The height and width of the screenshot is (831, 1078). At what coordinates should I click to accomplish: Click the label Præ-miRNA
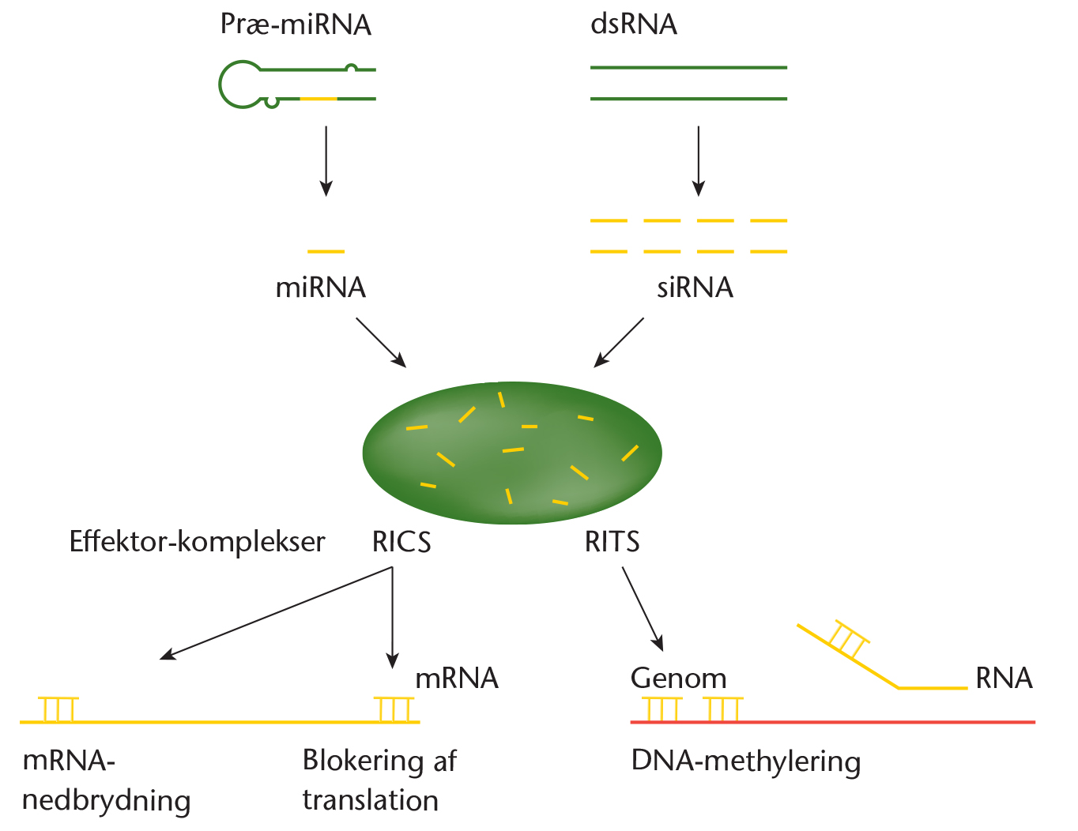[296, 25]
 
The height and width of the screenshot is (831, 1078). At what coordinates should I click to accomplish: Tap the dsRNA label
[634, 25]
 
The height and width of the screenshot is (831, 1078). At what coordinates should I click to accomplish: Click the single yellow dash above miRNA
[326, 251]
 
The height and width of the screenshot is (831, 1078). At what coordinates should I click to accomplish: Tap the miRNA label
[321, 288]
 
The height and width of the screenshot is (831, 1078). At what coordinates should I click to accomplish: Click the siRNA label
[695, 288]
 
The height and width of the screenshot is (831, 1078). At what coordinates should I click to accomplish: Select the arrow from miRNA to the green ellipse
[381, 343]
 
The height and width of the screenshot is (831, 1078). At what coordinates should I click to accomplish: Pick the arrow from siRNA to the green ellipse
[620, 343]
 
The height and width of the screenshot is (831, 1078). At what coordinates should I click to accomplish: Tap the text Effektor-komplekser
[198, 542]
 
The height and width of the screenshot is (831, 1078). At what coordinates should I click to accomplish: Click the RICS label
[401, 542]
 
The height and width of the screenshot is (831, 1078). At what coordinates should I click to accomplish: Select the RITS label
[612, 542]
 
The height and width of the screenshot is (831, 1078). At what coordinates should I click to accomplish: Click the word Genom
[678, 679]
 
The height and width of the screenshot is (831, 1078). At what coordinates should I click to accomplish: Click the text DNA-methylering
[746, 761]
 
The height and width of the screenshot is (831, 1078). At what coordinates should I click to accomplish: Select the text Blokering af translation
[379, 780]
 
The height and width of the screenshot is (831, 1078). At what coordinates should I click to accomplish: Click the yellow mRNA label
[457, 679]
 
